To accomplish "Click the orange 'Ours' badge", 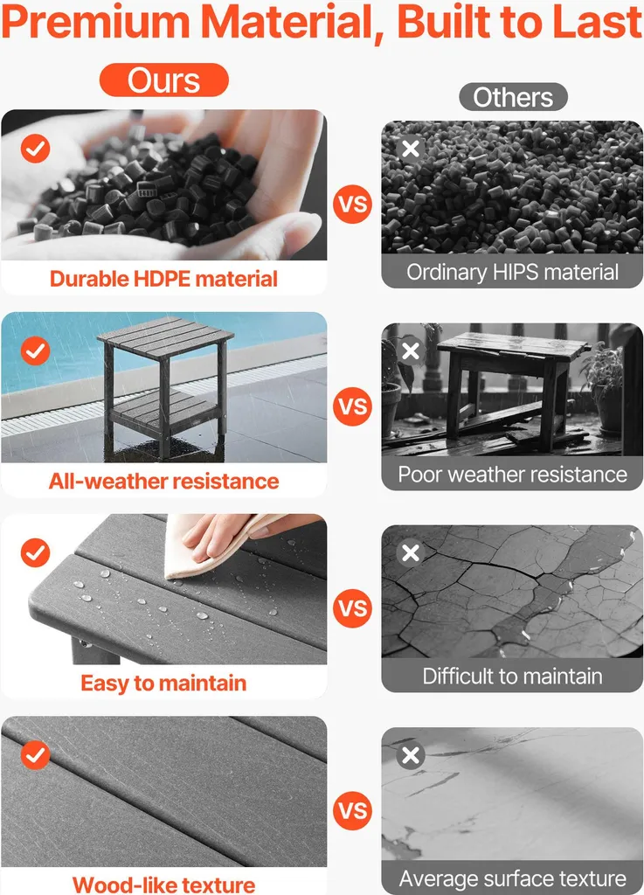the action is click(163, 80).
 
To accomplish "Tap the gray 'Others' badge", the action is click(513, 97).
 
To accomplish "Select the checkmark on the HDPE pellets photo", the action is click(35, 149).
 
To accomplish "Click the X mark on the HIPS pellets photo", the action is click(411, 149).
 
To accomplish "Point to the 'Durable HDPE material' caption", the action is click(163, 279).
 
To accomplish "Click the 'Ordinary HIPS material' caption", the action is click(512, 272).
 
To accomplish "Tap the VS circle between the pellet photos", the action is click(352, 205).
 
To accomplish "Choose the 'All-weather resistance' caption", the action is click(163, 482).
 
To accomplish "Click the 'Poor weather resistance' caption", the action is click(512, 475).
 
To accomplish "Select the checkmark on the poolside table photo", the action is click(35, 350).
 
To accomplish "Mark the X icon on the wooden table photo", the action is click(411, 351).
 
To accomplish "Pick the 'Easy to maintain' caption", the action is click(163, 683).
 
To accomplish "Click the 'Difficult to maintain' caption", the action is click(512, 676).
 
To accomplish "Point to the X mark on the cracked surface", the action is click(411, 552).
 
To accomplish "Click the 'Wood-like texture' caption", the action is click(163, 885).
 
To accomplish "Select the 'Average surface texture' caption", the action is click(512, 878).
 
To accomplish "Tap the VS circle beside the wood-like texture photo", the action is click(352, 810).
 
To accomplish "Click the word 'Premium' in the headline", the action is click(96, 22).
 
